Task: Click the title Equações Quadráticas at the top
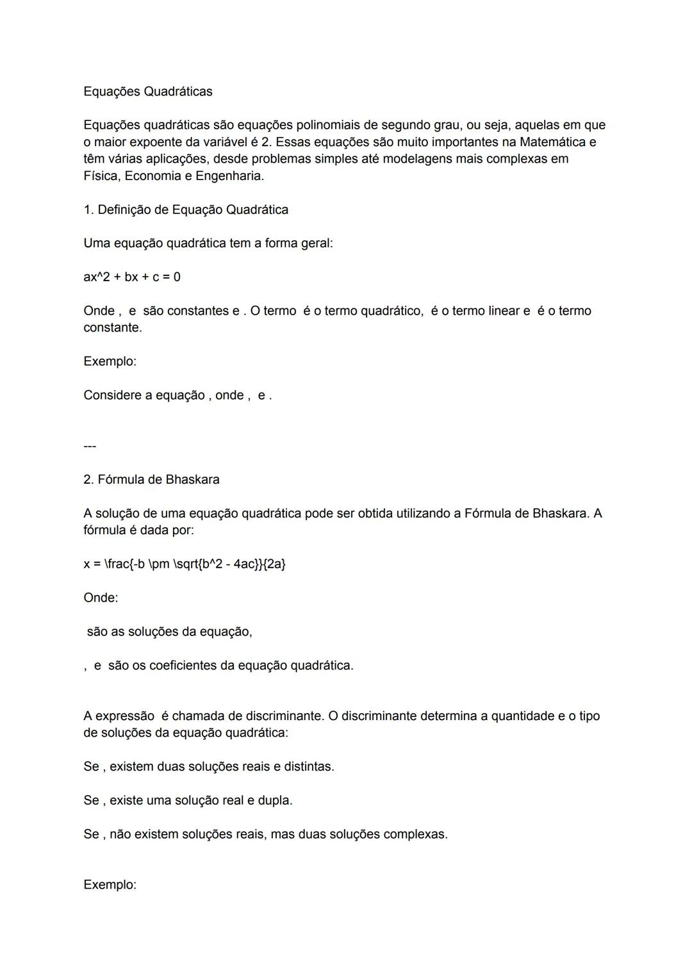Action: click(x=147, y=92)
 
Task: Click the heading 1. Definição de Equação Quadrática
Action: click(x=186, y=209)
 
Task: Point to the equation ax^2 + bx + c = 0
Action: click(x=131, y=277)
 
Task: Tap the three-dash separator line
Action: click(x=90, y=446)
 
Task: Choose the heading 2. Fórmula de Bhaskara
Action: click(x=151, y=479)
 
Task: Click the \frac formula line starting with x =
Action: click(x=185, y=564)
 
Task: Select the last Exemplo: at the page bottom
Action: click(x=110, y=885)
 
